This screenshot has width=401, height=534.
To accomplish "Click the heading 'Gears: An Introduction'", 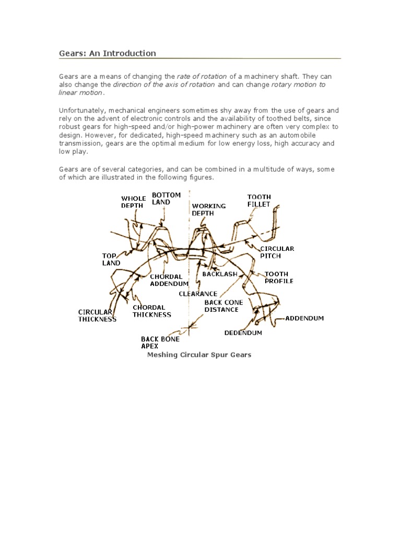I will coord(107,53).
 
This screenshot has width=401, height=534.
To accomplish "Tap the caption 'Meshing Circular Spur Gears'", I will coord(199,355).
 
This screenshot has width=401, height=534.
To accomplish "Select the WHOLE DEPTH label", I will coord(134,202).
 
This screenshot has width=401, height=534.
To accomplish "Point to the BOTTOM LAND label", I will coord(166,198).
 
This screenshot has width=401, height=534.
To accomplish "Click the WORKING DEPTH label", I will coord(209,209).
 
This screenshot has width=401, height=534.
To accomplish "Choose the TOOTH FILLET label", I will coord(259,201).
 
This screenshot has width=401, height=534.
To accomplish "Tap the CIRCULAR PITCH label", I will coord(277,252).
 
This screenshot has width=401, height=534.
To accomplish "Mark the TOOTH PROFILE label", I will coord(279,277).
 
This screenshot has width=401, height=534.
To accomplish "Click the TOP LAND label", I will coord(111,260).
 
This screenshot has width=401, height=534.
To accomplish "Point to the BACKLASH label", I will coord(220,274).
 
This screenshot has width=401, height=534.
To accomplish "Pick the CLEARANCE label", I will coord(198,294).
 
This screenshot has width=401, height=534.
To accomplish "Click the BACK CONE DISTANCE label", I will coord(223,306).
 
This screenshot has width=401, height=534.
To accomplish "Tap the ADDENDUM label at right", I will coord(304,318).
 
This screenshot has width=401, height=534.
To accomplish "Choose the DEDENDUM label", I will coord(243,332).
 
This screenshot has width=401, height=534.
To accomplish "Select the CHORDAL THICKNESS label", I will coord(151,311).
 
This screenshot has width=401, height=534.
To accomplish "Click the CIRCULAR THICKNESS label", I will coord(97,315).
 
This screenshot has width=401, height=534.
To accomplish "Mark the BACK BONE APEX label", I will coord(160,342).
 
